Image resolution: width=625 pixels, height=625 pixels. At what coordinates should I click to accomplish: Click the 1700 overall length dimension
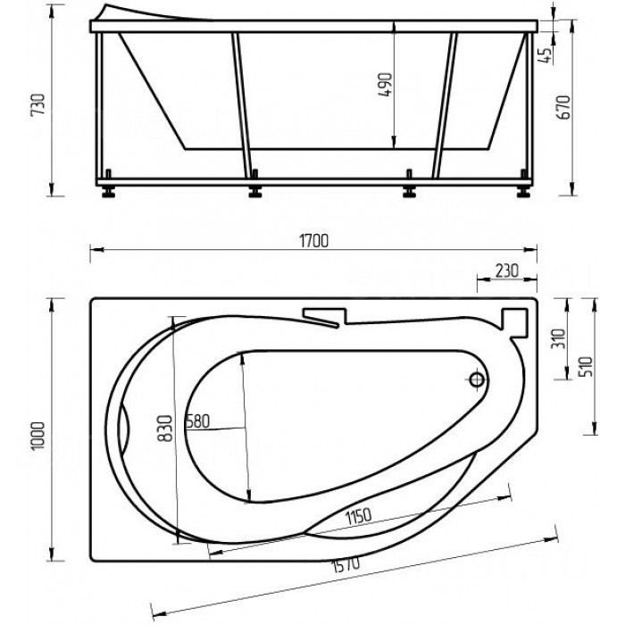313,242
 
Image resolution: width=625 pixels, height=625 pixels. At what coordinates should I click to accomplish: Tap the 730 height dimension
38,104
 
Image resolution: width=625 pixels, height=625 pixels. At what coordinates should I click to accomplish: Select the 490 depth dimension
385,85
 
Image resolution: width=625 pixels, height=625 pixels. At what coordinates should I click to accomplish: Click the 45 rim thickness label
546,54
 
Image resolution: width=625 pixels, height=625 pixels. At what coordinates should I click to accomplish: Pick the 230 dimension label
506,271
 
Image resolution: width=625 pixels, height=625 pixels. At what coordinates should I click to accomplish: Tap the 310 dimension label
558,338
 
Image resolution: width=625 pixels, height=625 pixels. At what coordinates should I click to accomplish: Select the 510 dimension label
587,366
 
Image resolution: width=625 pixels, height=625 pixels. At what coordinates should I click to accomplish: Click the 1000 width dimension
38,436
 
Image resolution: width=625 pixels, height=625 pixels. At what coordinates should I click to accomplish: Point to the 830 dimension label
165,429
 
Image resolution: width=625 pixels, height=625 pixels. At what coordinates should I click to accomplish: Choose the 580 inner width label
198,421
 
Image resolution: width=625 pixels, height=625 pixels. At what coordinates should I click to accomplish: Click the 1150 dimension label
358,517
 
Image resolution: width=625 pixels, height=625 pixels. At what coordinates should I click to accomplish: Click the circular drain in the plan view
477,379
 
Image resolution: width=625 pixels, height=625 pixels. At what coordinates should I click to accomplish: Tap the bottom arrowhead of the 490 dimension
394,142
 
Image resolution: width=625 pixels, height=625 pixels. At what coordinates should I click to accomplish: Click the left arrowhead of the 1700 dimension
96,250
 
